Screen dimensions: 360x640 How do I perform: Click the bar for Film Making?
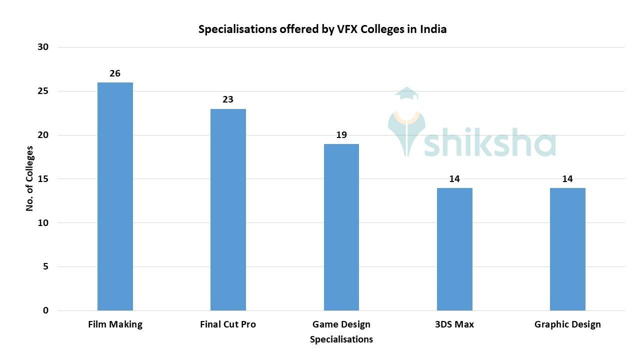pyautogui.click(x=115, y=196)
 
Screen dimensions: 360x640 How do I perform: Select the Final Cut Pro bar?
pyautogui.click(x=228, y=209)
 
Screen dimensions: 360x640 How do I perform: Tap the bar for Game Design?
pyautogui.click(x=341, y=227)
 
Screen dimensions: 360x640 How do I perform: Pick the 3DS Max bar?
pyautogui.click(x=454, y=249)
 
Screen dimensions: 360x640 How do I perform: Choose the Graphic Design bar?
pyautogui.click(x=567, y=249)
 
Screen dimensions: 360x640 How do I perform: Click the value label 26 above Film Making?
pyautogui.click(x=115, y=73)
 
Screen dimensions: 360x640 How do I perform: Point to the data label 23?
pyautogui.click(x=228, y=99)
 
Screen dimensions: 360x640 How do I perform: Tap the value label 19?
pyautogui.click(x=341, y=135)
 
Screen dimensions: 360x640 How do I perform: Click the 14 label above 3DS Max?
pyautogui.click(x=454, y=179)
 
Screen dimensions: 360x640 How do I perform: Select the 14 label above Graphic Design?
pyautogui.click(x=567, y=179)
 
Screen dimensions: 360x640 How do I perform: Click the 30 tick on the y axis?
pyautogui.click(x=43, y=47)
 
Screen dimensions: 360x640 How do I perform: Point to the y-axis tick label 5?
pyautogui.click(x=45, y=266)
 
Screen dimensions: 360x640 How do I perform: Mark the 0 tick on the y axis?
pyautogui.click(x=45, y=310)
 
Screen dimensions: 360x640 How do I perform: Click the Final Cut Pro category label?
pyautogui.click(x=228, y=324)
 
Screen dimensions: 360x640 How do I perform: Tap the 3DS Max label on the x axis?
pyautogui.click(x=454, y=324)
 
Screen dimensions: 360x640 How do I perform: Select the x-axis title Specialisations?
pyautogui.click(x=341, y=339)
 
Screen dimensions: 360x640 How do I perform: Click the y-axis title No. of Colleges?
pyautogui.click(x=30, y=178)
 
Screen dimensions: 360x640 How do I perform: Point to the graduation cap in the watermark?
pyautogui.click(x=406, y=93)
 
